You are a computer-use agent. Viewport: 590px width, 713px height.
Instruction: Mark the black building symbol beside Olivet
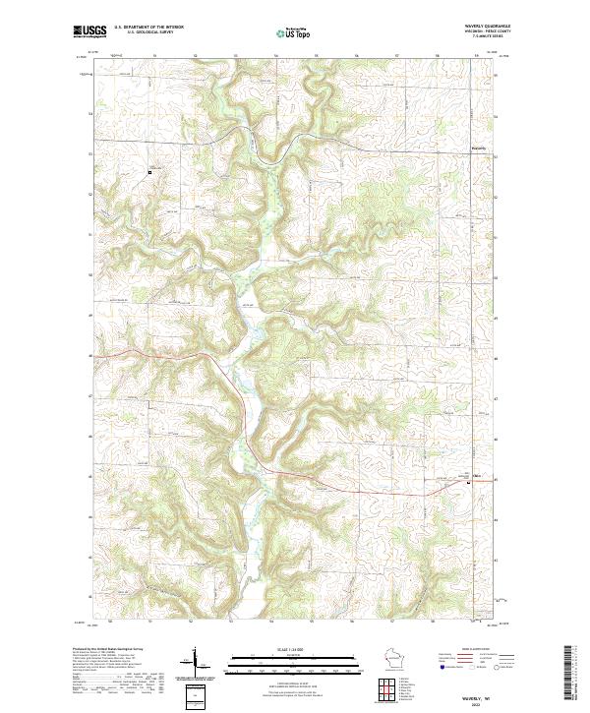pyautogui.click(x=467, y=482)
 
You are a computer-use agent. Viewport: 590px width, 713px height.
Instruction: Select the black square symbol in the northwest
pyautogui.click(x=149, y=172)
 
